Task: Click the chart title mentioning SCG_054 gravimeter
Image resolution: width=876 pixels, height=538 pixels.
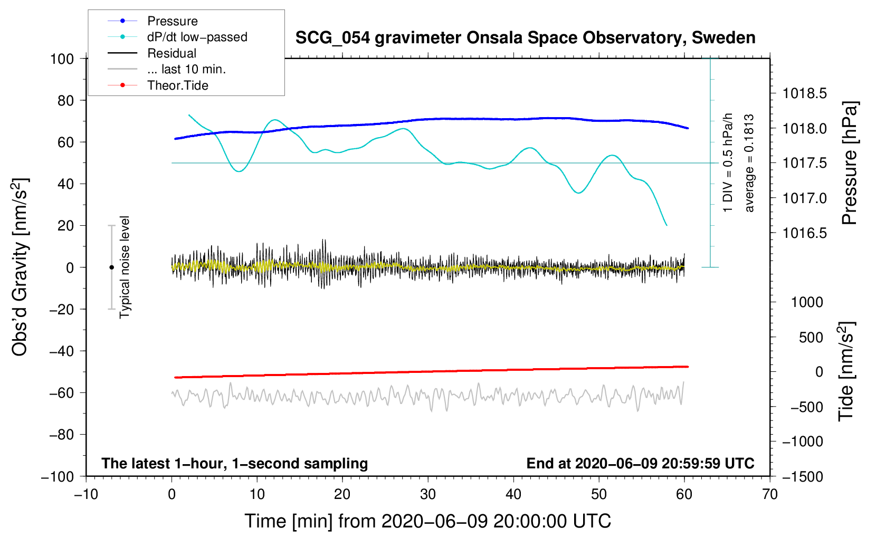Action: tap(525, 38)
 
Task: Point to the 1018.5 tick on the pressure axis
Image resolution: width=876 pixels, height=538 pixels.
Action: tap(804, 93)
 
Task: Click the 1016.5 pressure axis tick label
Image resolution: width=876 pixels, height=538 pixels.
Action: tap(804, 233)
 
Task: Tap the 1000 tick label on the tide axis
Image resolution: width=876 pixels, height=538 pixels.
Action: tap(807, 302)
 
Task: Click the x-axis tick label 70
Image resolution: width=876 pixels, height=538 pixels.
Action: tap(769, 495)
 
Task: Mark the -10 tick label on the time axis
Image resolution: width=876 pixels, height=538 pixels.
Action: tap(86, 495)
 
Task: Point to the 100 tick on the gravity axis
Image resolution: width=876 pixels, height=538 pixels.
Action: tap(62, 59)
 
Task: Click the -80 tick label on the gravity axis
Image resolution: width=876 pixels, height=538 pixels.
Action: tap(61, 435)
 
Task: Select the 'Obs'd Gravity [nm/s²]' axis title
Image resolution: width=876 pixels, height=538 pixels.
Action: tap(21, 267)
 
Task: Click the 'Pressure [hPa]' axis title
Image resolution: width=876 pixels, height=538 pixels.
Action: tap(850, 163)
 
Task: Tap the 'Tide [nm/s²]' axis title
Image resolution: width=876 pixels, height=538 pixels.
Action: tap(846, 371)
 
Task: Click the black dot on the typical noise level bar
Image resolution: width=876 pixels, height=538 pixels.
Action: tap(111, 267)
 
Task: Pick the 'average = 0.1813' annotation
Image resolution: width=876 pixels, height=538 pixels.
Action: tap(749, 164)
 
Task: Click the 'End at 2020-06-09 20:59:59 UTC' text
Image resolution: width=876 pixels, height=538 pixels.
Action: tap(640, 463)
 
